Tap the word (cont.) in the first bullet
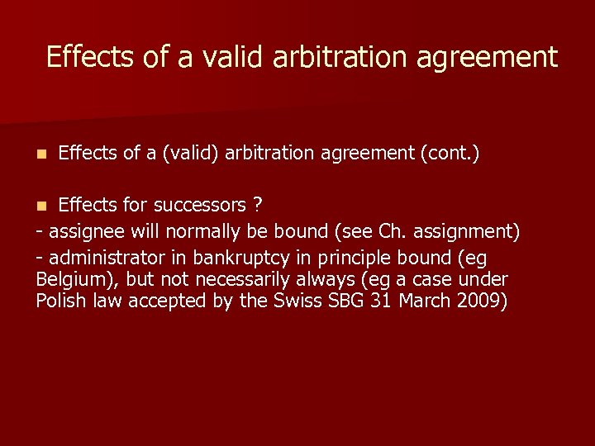pos(450,153)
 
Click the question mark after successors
pos(258,205)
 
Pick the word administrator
pos(102,257)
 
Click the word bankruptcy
pos(236,257)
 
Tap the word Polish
pos(60,301)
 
